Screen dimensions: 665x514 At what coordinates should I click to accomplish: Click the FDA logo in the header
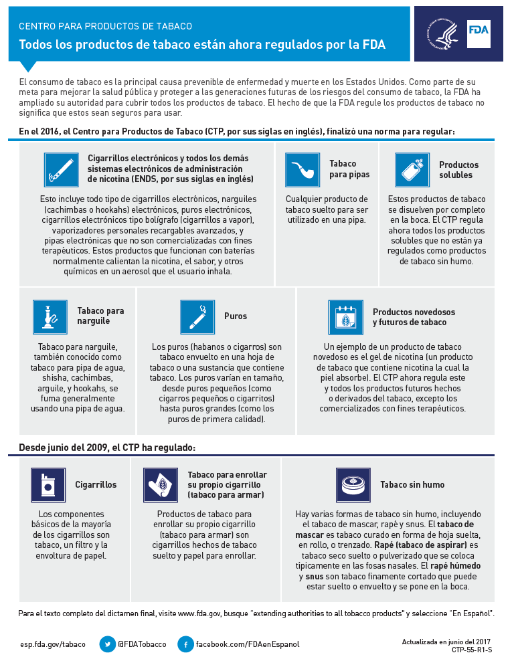pos(478,31)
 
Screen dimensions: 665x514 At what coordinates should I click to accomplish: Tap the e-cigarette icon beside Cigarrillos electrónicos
pos(62,170)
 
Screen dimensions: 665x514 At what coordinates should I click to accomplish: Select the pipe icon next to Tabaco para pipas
pos(302,170)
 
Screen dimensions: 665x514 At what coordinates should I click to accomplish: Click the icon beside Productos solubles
pos(412,170)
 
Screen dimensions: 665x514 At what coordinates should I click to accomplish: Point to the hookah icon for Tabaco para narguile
pos(50,316)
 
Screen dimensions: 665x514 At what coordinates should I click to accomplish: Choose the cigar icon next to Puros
pos(197,316)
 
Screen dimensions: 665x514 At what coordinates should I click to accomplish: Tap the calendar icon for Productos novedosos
pos(345,316)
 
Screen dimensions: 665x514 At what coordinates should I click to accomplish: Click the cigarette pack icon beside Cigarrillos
pos(48,484)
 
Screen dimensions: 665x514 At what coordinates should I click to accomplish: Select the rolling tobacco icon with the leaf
pos(161,484)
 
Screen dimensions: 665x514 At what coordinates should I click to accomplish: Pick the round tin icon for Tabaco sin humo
pos(352,484)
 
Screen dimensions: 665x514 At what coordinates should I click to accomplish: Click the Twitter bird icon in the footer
pos(107,644)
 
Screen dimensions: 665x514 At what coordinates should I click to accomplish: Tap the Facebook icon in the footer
pos(185,644)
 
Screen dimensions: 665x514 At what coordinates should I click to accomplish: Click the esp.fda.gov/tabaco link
pos(53,644)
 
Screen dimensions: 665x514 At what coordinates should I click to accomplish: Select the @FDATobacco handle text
pos(142,644)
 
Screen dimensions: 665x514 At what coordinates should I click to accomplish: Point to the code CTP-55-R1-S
pos(472,650)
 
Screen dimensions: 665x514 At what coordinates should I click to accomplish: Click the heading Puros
pos(236,316)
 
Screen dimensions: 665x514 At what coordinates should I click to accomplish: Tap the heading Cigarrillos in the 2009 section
pos(96,484)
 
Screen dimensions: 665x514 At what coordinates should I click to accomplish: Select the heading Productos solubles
pos(459,170)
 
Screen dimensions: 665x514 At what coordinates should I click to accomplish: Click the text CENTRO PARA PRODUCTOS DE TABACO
pos(105,26)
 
